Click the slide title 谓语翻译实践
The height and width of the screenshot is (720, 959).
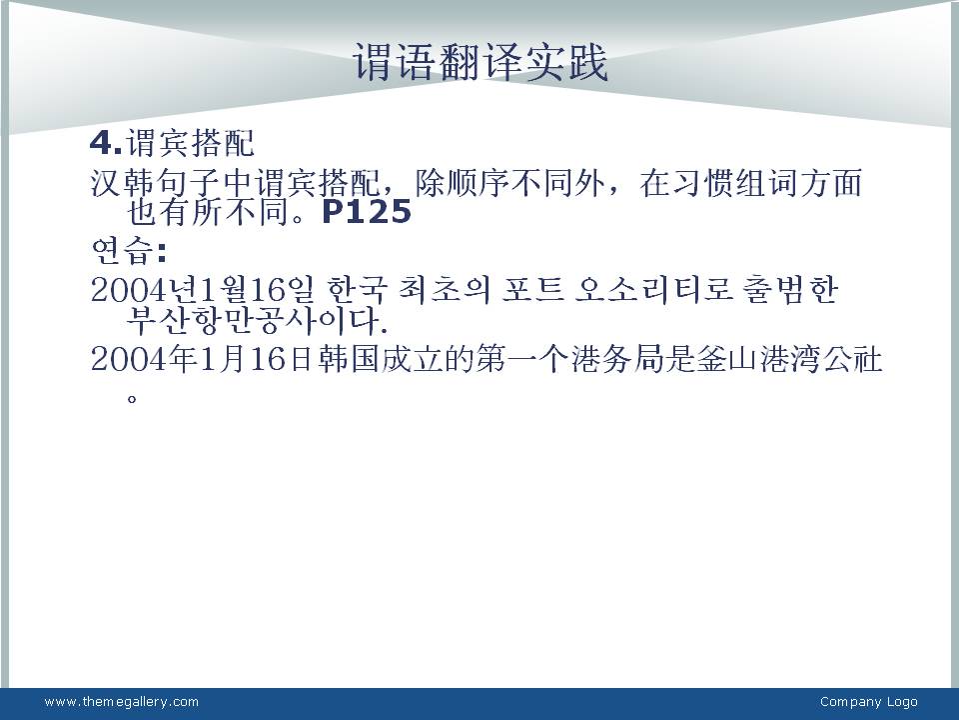(x=480, y=62)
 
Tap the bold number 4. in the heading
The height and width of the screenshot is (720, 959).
(x=106, y=143)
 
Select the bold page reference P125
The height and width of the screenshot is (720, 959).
(x=367, y=212)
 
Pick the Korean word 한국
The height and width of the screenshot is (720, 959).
(x=358, y=290)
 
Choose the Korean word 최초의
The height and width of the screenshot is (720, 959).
(x=445, y=290)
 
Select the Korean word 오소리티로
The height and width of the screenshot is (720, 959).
(x=653, y=290)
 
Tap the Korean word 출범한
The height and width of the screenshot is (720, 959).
(x=790, y=290)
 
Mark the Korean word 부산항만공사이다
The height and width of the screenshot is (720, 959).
(x=257, y=320)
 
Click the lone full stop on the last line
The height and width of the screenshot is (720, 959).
(x=132, y=399)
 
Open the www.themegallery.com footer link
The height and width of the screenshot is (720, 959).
(x=122, y=702)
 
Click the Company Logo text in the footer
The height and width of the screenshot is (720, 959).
(x=868, y=702)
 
